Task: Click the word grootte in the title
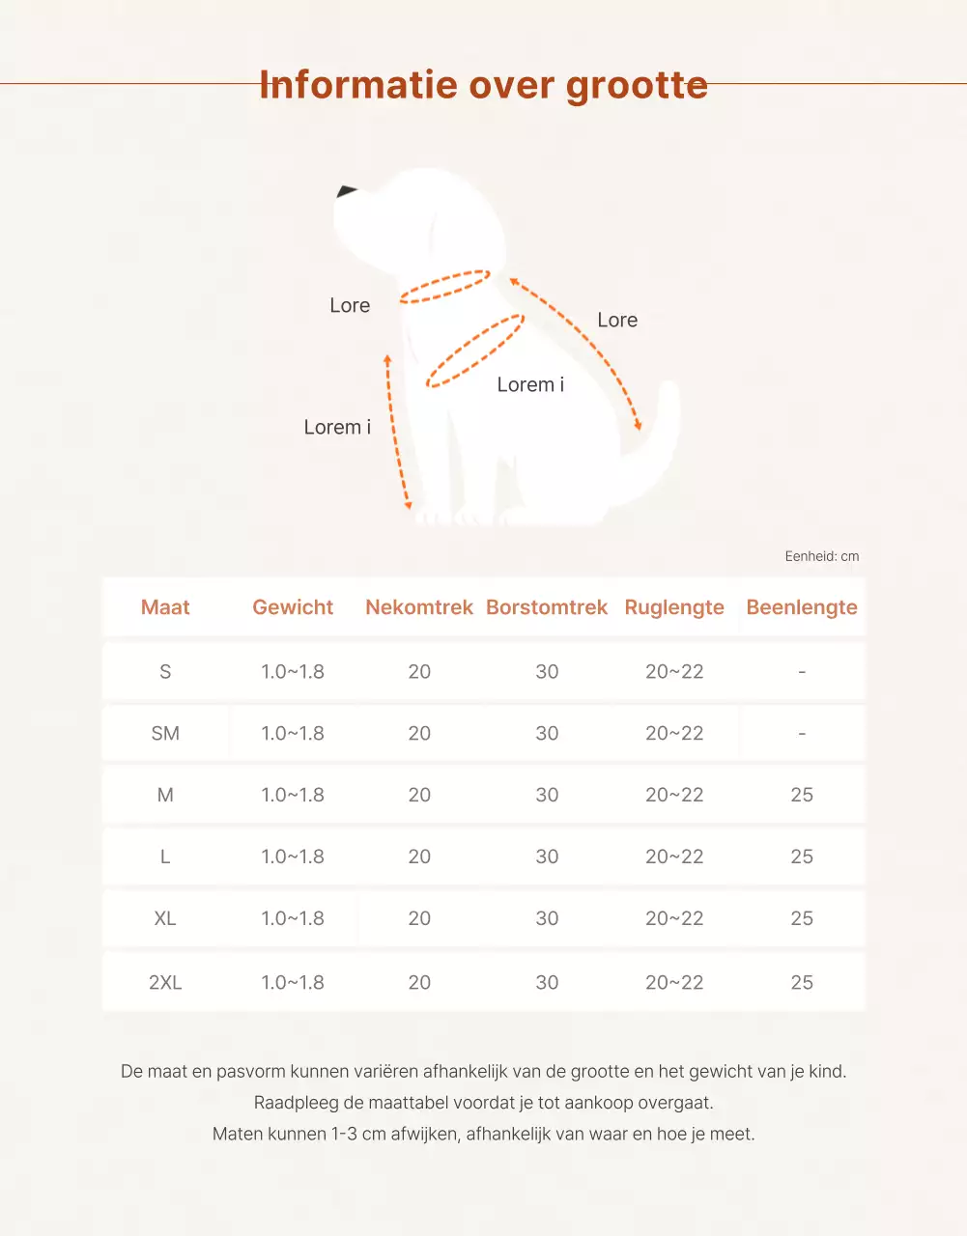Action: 637,86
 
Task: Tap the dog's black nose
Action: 346,191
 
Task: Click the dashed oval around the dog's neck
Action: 445,286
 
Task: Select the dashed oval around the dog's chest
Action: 474,351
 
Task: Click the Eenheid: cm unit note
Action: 821,556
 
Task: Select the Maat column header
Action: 165,607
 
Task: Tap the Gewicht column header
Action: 293,607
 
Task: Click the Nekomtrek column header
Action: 419,607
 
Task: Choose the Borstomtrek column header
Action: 547,607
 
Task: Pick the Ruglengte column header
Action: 674,607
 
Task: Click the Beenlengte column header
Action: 802,607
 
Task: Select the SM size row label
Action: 165,733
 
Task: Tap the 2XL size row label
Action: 165,982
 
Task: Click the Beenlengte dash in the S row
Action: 802,671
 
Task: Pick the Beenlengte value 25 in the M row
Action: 802,795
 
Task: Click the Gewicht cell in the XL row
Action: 293,918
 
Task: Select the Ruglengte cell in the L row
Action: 674,857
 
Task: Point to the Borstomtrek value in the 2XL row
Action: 547,982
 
